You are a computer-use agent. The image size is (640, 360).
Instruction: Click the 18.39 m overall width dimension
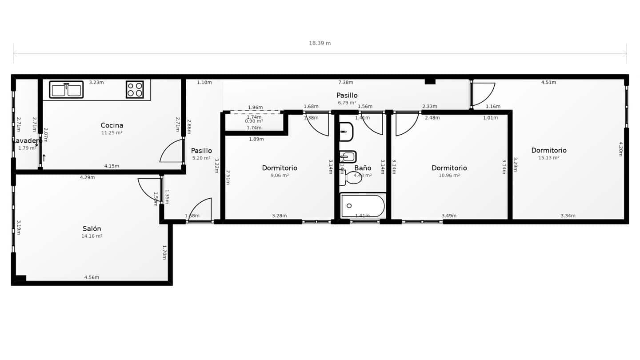pos(320,43)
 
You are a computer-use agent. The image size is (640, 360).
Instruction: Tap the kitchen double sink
pos(66,90)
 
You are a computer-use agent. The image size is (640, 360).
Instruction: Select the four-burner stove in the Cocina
pos(135,89)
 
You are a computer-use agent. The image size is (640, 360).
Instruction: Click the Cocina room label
pos(112,125)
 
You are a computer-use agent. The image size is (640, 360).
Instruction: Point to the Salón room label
pos(92,229)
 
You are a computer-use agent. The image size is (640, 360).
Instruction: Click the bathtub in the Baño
pos(363,206)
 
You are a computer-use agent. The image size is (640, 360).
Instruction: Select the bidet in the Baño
pos(348,157)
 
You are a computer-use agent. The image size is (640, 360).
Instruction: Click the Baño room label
pos(363,168)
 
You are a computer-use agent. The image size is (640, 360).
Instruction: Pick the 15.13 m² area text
pos(548,158)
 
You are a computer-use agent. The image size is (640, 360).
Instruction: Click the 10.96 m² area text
pos(449,176)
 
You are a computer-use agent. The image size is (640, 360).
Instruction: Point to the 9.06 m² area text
pos(280,176)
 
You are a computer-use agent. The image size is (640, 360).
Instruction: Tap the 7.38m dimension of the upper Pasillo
pos(345,82)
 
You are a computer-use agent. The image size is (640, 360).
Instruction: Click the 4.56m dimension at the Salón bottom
pos(92,277)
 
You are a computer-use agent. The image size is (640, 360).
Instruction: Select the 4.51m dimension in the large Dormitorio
pos(548,82)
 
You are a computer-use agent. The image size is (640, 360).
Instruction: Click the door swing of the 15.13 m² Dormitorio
pos(484,94)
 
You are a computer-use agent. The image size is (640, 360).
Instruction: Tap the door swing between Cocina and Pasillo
pos(172,151)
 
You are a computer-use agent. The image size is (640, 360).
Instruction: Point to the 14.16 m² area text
pos(92,236)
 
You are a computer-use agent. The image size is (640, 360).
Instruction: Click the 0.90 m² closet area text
pos(254,121)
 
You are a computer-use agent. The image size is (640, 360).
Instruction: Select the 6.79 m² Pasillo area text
pos(347,103)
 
